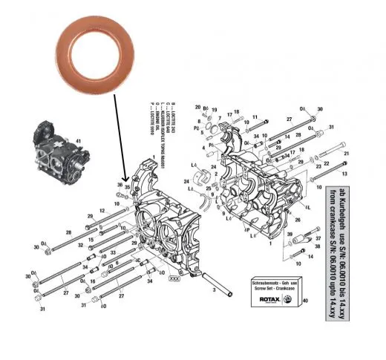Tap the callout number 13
344,174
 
